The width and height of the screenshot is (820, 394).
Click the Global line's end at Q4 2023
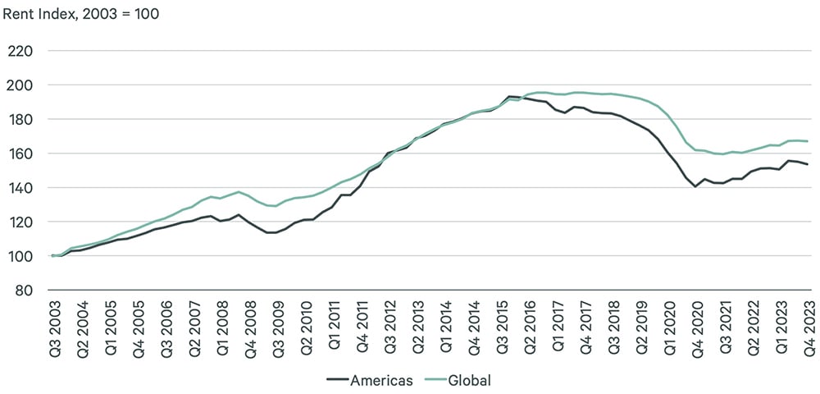click(809, 141)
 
